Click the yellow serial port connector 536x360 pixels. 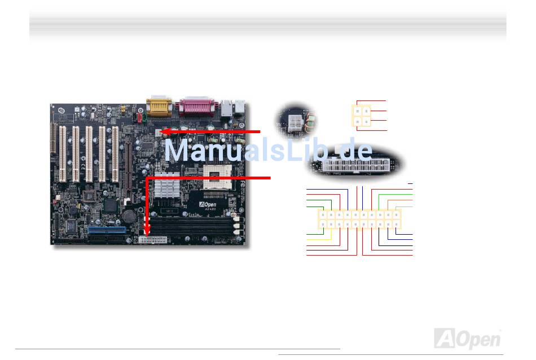point(157,106)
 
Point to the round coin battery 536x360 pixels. point(130,215)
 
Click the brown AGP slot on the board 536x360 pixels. point(128,169)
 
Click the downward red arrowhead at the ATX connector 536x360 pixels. point(147,232)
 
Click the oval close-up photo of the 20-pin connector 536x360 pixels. point(355,165)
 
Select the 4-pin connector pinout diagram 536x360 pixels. point(362,115)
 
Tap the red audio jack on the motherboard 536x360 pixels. point(139,117)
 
